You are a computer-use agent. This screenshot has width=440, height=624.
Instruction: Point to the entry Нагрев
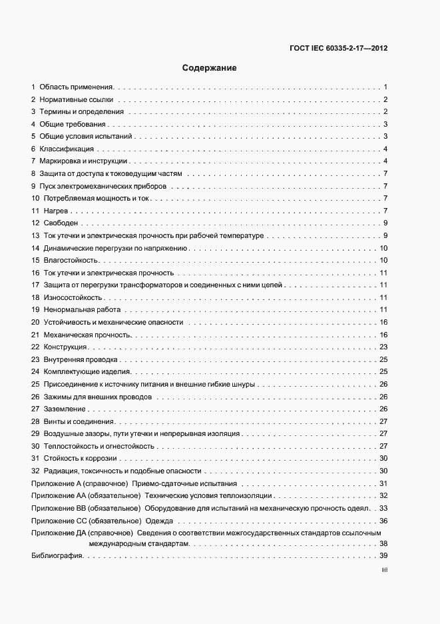pos(55,211)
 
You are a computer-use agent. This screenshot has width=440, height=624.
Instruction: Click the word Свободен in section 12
pos(61,223)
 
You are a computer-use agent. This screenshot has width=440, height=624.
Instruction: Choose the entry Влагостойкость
pos(71,260)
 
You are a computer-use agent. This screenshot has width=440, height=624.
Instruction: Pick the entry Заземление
pos(65,409)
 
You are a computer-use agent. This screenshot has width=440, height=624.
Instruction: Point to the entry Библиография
pos(56,556)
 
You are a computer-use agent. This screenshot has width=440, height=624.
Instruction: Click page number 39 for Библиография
pos(383,556)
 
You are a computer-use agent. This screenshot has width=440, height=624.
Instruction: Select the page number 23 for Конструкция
pos(383,347)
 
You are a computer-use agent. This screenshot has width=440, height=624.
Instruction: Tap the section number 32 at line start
pos(35,471)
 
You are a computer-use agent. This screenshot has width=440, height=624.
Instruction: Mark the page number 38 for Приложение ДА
pos(383,544)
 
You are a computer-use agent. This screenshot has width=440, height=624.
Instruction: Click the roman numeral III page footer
pos(384,570)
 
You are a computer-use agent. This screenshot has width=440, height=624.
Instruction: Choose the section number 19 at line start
pos(35,310)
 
